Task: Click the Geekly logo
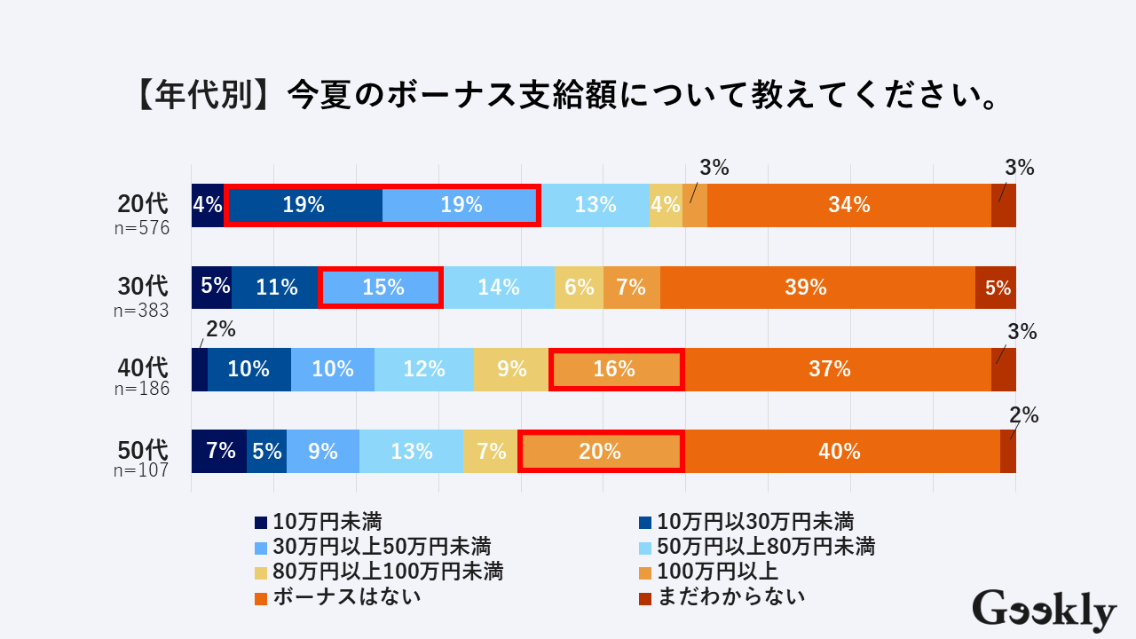pyautogui.click(x=1044, y=611)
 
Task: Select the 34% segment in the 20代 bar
pyautogui.click(x=848, y=205)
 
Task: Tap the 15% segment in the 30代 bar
pyautogui.click(x=381, y=288)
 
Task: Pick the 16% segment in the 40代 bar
pyautogui.click(x=616, y=369)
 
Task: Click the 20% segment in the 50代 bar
pyautogui.click(x=600, y=451)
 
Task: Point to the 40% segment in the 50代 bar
pyautogui.click(x=840, y=451)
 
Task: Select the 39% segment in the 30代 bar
pyautogui.click(x=816, y=288)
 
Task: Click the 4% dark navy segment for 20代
pyautogui.click(x=207, y=205)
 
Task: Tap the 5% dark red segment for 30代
pyautogui.click(x=996, y=288)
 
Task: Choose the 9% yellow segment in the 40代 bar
pyautogui.click(x=510, y=369)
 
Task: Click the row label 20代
pyautogui.click(x=143, y=204)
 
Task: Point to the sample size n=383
pyautogui.click(x=141, y=311)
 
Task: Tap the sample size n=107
pyautogui.click(x=141, y=470)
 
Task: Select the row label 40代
pyautogui.click(x=143, y=366)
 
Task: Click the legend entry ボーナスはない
pyautogui.click(x=346, y=596)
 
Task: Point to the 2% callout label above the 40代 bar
pyautogui.click(x=220, y=330)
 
